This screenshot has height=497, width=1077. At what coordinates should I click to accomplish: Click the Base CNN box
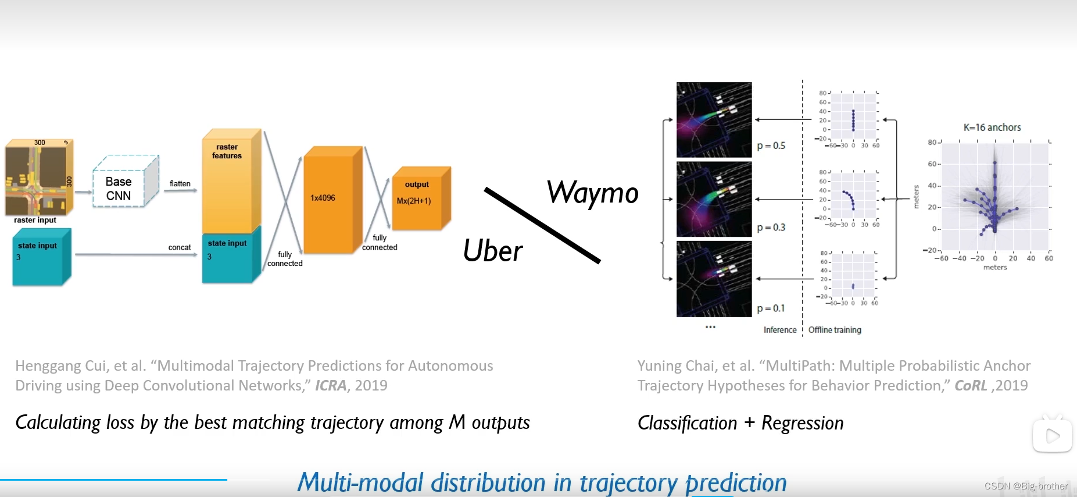[119, 189]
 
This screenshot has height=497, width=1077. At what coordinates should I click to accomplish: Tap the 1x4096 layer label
[323, 198]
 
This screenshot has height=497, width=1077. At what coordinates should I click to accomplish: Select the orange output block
[418, 200]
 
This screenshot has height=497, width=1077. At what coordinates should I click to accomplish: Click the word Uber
[493, 251]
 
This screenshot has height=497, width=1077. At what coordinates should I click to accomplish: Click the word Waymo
[592, 193]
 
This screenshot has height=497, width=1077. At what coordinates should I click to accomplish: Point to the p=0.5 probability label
[771, 145]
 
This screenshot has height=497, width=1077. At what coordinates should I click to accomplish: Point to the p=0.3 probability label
[771, 228]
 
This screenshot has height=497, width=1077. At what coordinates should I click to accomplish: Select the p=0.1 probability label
[771, 308]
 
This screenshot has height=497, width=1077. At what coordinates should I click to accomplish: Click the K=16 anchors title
[992, 127]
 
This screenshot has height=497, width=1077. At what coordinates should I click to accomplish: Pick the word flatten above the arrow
[180, 183]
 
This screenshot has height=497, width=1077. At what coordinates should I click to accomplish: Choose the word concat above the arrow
[180, 247]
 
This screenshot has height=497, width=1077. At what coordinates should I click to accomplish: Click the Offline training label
[835, 330]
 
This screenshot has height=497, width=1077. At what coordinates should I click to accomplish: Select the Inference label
[780, 330]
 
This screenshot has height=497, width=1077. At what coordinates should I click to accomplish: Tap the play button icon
[1052, 435]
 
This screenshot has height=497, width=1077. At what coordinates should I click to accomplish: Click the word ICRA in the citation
[331, 386]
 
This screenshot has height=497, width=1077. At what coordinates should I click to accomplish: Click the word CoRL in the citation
[971, 386]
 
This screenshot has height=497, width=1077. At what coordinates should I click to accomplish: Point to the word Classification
[687, 423]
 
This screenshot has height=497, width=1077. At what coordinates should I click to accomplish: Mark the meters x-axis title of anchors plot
[995, 268]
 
